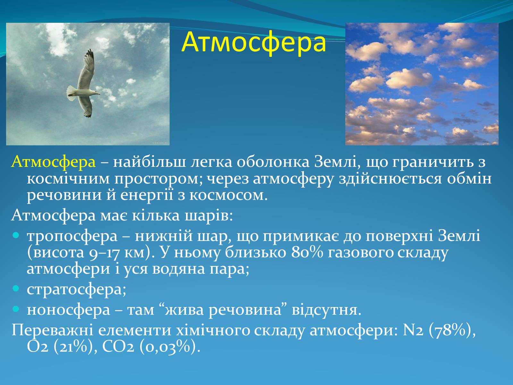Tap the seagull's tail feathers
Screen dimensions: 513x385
click(71, 93)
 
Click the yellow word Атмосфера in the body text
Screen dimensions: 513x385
click(53, 161)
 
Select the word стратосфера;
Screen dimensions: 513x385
click(76, 290)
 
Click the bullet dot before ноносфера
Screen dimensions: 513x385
click(16, 309)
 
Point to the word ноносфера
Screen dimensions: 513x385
click(69, 310)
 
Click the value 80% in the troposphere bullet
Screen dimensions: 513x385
click(307, 253)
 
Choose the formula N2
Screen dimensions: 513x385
click(413, 330)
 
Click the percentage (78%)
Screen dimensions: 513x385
click(452, 331)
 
